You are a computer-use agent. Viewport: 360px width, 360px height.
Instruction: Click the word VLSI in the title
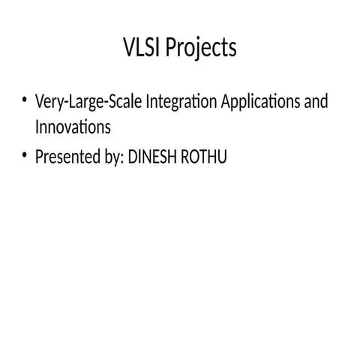tap(142, 48)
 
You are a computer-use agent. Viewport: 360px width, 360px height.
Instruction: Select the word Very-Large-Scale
tap(88, 102)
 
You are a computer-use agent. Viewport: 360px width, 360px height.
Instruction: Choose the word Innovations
tap(73, 127)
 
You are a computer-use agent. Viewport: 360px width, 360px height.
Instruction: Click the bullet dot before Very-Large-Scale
tap(25, 100)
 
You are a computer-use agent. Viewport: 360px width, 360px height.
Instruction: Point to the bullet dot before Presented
tap(25, 155)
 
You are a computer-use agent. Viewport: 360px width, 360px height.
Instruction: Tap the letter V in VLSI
tap(128, 48)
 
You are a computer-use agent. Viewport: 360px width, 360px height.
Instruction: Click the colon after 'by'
tap(124, 159)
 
